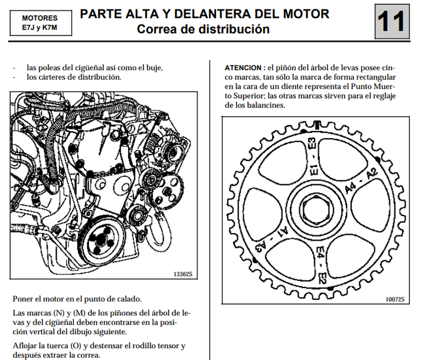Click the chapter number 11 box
coord(391,21)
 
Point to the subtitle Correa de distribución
coord(204,29)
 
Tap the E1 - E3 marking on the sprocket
coord(313,157)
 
